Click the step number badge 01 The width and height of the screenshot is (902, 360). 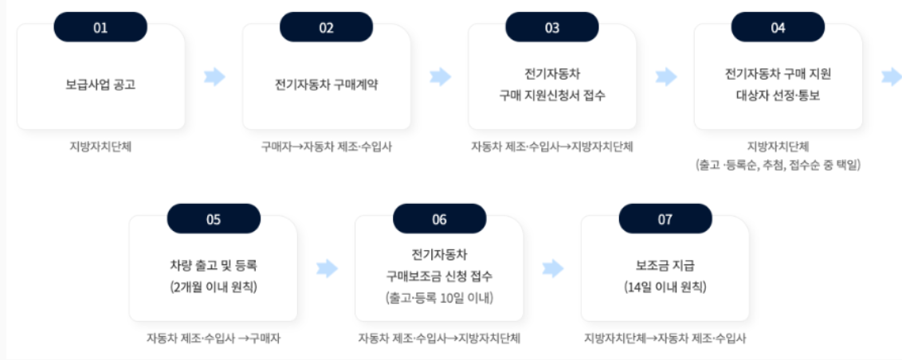tap(100, 28)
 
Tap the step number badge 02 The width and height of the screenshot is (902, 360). tap(326, 28)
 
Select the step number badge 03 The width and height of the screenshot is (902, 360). tap(552, 28)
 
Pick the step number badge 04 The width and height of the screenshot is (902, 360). tap(778, 28)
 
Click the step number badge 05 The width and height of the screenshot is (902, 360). tap(213, 220)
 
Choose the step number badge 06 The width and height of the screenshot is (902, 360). tap(439, 220)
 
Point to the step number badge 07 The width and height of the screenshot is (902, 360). tap(665, 220)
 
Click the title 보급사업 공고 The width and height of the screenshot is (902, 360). tap(100, 84)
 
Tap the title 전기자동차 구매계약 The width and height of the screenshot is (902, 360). tap(326, 84)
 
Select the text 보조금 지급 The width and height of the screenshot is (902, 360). tap(665, 265)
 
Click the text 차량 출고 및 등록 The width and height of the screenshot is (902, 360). tap(213, 265)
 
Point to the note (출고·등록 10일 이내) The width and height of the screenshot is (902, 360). tap(439, 298)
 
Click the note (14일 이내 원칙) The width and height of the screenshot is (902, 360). tap(665, 286)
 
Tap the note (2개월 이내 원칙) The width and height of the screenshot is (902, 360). tap(213, 286)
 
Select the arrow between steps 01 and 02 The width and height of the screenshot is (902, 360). tap(214, 76)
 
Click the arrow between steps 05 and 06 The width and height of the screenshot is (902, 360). tap(327, 268)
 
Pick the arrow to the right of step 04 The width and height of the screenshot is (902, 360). tap(892, 76)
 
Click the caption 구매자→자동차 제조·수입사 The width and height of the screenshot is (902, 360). tap(326, 147)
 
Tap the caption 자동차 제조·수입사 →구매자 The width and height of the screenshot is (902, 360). tap(213, 338)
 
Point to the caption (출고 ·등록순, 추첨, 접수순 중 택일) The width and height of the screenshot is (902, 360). tap(778, 166)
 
